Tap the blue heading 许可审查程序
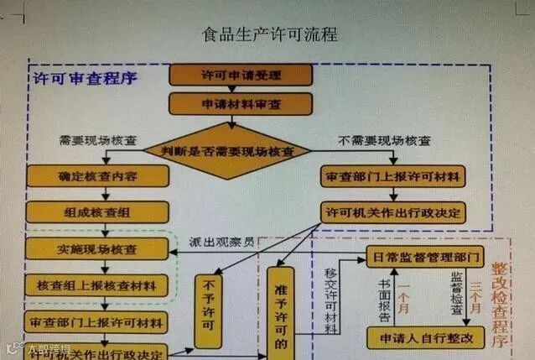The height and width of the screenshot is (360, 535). tap(85, 79)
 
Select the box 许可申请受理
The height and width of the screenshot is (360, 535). tap(240, 75)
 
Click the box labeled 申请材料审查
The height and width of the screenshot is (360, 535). tap(240, 104)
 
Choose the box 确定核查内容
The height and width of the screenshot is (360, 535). tap(97, 177)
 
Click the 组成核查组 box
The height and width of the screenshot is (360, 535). tap(97, 212)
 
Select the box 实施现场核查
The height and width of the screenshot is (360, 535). tap(97, 249)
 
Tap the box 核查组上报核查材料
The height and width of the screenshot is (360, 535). tap(97, 285)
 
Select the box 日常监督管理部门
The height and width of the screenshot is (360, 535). tap(424, 255)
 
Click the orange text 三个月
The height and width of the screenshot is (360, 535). tap(476, 298)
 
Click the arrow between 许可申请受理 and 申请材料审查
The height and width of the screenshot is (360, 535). tap(240, 89)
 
